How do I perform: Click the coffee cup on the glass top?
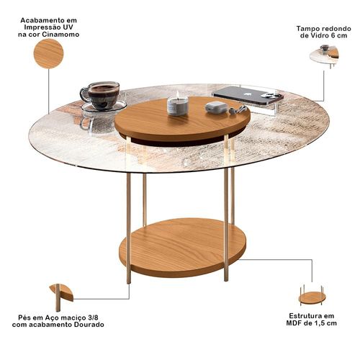(101, 95)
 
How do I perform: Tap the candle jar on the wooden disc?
(178, 107)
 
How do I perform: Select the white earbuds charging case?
(216, 107)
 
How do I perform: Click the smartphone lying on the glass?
(248, 95)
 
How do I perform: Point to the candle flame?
(178, 94)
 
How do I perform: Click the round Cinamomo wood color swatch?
(48, 53)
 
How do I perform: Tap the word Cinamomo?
(60, 35)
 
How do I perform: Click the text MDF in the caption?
(294, 323)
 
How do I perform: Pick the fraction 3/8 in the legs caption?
(93, 318)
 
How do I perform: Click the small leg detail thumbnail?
(61, 297)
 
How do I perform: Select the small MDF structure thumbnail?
(312, 295)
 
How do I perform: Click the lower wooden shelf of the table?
(182, 247)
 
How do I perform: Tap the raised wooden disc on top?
(182, 119)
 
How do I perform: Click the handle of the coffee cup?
(84, 95)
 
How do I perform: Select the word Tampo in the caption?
(306, 29)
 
